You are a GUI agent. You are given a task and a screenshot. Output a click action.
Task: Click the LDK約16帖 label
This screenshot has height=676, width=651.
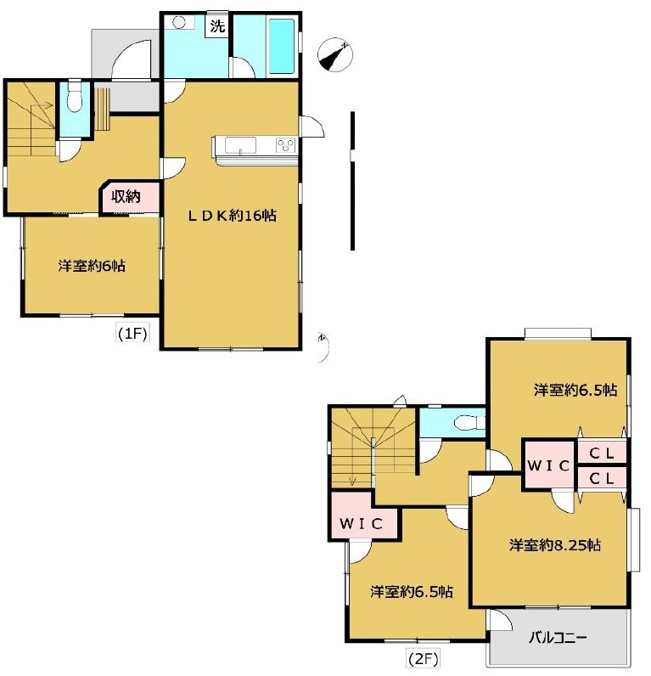click(x=232, y=215)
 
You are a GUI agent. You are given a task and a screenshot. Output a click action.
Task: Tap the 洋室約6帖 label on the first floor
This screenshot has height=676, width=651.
click(x=92, y=266)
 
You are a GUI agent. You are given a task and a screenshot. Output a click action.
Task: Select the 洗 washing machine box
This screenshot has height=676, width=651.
click(x=217, y=26)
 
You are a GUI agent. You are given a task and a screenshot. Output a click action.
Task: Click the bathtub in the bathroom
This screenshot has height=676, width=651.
click(x=282, y=46)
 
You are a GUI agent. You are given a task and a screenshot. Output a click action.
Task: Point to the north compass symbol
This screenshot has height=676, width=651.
click(x=334, y=55)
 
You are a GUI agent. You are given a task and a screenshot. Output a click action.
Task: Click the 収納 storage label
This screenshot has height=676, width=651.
click(x=126, y=196)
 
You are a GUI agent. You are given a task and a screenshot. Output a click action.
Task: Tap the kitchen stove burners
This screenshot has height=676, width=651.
click(x=286, y=144)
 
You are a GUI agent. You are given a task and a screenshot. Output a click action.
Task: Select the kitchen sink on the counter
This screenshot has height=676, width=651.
click(x=240, y=145)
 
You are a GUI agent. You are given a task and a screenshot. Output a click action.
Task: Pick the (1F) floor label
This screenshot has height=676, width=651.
click(x=132, y=333)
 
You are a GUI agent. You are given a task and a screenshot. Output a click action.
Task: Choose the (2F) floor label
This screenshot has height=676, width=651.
click(x=423, y=658)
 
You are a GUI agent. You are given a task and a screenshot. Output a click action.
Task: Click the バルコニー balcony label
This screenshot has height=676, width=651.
click(x=558, y=637)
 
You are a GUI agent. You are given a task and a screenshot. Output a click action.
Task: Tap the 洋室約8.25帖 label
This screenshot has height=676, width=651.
click(x=555, y=545)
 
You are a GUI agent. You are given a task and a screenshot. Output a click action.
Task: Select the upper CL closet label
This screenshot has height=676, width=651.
click(x=602, y=453)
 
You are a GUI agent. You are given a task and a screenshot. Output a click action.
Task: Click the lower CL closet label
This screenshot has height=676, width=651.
click(x=602, y=478)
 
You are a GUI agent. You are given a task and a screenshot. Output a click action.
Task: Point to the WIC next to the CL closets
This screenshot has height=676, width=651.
click(x=548, y=465)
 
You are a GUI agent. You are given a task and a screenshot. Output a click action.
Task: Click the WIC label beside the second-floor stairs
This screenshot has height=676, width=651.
click(x=361, y=523)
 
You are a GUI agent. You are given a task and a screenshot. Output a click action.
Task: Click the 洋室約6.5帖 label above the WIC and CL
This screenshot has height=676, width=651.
click(x=575, y=390)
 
